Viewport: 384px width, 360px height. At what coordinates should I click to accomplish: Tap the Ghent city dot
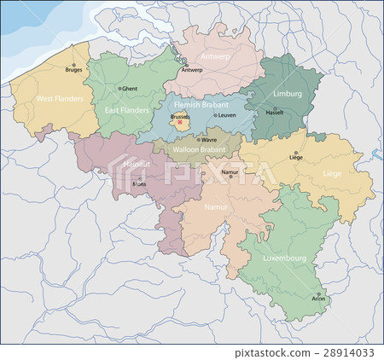tap(123, 88)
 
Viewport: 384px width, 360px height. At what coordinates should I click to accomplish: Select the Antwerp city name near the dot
tap(193, 70)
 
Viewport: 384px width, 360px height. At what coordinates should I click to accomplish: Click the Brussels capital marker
tap(179, 121)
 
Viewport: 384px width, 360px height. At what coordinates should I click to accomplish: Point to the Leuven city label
tap(227, 115)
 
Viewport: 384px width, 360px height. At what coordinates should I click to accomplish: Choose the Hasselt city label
tap(274, 113)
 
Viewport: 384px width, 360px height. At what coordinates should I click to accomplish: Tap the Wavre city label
tap(209, 139)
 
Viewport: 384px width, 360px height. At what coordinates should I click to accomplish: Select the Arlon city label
tap(319, 299)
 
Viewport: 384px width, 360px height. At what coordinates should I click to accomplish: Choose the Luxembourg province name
tap(284, 257)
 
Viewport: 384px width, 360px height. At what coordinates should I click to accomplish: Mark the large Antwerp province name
tap(216, 55)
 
